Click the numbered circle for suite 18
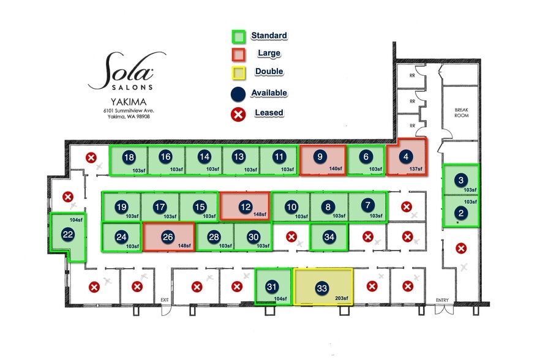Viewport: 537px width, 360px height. [129, 157]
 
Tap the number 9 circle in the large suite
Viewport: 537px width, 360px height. [320, 157]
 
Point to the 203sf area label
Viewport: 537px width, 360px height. [342, 299]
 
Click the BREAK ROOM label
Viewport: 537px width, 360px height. [460, 112]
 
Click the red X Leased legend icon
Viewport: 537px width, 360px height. [238, 113]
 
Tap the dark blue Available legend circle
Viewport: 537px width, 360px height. [238, 93]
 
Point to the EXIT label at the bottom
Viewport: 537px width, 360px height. [164, 299]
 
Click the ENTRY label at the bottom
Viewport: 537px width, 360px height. [442, 299]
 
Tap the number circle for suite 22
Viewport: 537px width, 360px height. [68, 233]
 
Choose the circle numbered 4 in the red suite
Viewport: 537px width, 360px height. [405, 157]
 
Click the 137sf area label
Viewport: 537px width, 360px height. [416, 168]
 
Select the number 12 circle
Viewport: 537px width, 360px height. [246, 207]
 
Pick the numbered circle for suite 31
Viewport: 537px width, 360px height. [272, 287]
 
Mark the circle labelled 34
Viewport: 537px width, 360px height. [329, 237]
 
